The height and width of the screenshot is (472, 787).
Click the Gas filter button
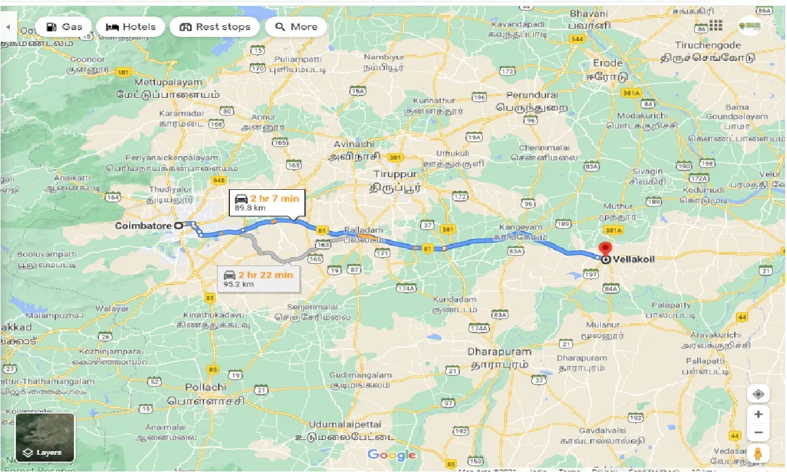coord(64,26)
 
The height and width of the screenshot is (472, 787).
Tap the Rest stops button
coord(215,26)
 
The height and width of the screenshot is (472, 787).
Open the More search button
coord(296,26)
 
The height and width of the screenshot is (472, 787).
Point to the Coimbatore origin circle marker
coord(178,226)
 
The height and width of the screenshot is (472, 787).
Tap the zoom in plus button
coord(758,414)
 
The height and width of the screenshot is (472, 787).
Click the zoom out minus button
coord(758,433)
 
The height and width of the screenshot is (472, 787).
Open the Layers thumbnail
coord(45,438)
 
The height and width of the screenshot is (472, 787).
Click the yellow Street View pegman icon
coord(758,454)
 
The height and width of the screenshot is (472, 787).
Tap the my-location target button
coord(758,394)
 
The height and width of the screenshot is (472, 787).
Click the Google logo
coord(392,455)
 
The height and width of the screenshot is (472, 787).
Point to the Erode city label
coord(607,63)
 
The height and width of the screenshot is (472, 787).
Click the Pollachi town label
coord(205,387)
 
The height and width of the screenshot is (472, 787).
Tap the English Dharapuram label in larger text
coord(499,352)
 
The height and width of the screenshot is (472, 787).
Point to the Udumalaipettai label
coord(345,424)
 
